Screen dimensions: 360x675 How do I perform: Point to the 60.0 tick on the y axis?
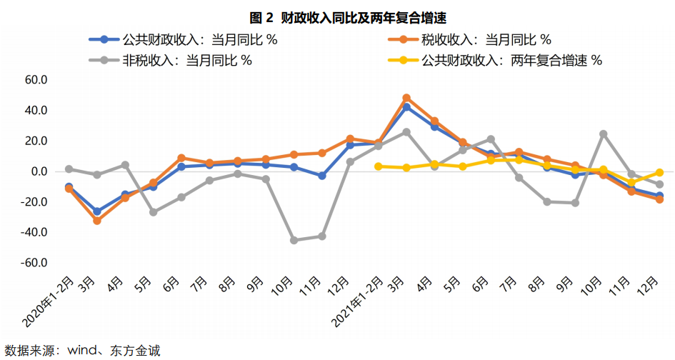35,80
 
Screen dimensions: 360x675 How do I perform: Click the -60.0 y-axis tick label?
33,263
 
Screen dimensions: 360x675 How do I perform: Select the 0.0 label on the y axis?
38,171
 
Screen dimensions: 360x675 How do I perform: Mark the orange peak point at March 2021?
406,98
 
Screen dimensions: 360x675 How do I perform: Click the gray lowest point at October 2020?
294,240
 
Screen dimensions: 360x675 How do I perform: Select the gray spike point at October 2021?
603,134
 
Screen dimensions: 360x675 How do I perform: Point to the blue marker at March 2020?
97,211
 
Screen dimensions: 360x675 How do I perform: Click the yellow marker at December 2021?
659,172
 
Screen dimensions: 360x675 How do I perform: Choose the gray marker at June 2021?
491,139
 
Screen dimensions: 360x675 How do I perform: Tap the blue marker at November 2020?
321,176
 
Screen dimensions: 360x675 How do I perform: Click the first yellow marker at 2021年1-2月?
378,166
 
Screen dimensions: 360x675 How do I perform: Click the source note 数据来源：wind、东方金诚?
82,350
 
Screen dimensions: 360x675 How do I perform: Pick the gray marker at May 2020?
153,212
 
